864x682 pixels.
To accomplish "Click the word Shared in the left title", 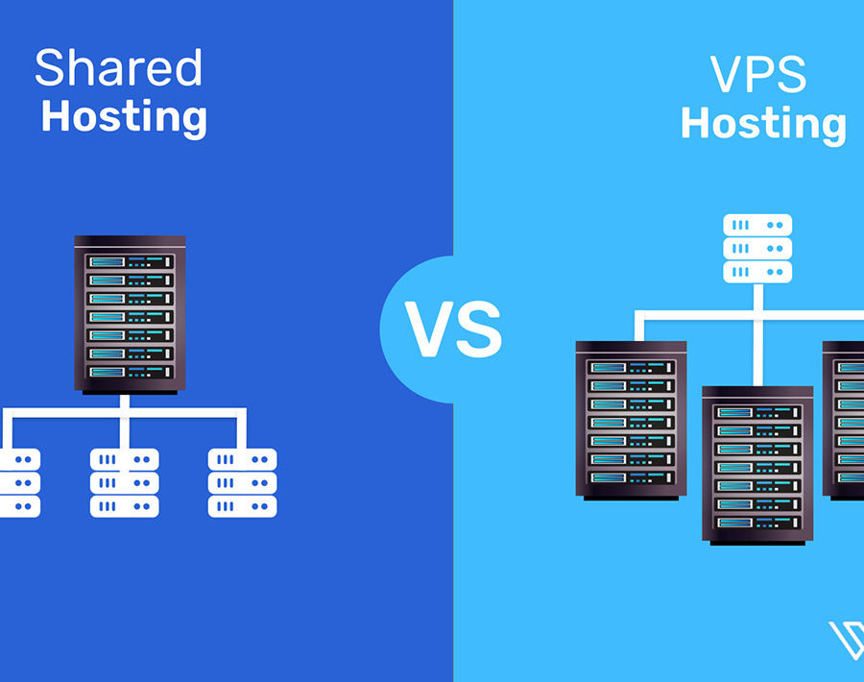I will [118, 69].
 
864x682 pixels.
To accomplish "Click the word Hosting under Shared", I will [124, 117].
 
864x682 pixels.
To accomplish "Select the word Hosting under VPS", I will [763, 125].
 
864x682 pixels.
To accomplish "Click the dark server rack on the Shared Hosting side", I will [130, 315].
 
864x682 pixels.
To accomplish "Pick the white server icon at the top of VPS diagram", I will [757, 249].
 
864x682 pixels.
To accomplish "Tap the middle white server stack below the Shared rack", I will [125, 482].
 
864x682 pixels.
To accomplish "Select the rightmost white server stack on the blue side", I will [242, 482].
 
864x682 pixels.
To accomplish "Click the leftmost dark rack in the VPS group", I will [631, 420].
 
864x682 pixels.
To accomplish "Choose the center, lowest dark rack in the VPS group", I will [757, 464].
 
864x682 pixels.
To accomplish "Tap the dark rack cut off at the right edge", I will [845, 420].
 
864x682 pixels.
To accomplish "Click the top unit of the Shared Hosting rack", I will [130, 261].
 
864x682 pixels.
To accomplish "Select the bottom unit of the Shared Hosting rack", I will [130, 372].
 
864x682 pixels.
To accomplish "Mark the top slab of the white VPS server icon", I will [757, 226].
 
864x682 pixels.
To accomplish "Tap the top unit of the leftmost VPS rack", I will [631, 367].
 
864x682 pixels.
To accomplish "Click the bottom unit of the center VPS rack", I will [757, 522].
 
